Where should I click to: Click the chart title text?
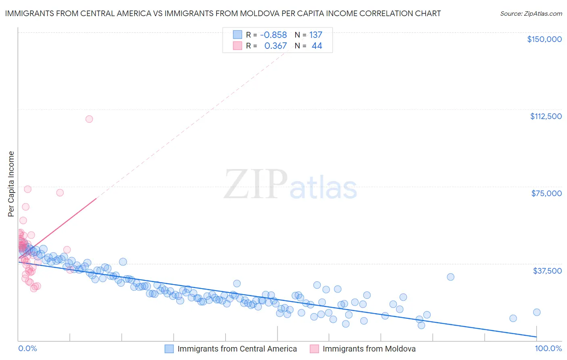[223, 14]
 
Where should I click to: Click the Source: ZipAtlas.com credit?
[531, 14]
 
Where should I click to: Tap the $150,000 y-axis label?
[544, 39]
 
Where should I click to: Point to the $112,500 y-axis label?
[546, 116]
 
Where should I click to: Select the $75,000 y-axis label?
[546, 193]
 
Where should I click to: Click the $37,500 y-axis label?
[547, 270]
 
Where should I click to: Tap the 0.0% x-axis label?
[27, 349]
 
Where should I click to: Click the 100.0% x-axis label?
[548, 349]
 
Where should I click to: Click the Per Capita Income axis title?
[11, 184]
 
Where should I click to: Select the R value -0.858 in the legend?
[273, 35]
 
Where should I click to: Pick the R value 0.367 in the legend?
[275, 46]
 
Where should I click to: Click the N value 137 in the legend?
[316, 35]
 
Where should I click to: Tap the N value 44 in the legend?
[317, 46]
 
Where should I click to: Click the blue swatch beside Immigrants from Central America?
[169, 349]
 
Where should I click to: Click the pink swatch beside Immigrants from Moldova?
[314, 349]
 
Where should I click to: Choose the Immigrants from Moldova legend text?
[369, 349]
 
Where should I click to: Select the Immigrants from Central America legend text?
[237, 349]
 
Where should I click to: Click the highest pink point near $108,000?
[89, 119]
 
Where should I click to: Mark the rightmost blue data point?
[537, 312]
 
